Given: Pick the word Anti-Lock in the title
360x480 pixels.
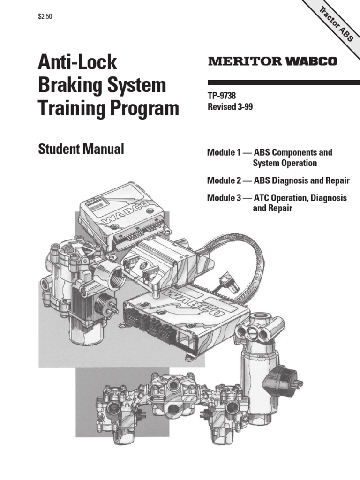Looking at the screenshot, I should click(x=77, y=63).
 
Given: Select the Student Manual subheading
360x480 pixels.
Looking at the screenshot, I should click(x=81, y=150).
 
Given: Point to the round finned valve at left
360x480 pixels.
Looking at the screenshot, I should click(x=66, y=262).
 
